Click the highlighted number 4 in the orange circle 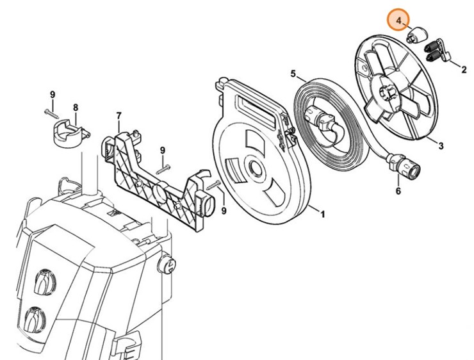point(399,20)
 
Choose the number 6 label point(398,190)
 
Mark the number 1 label point(322,215)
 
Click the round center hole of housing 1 point(254,170)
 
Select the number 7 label point(118,115)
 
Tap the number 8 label point(75,107)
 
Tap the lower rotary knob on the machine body point(35,318)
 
